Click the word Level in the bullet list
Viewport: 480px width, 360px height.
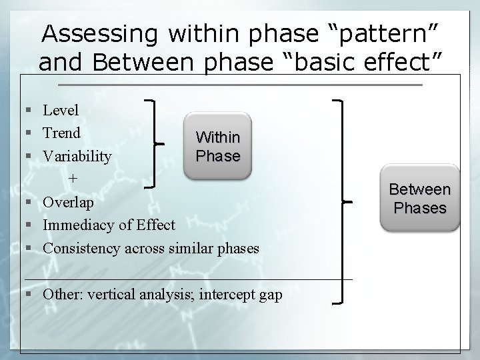61,110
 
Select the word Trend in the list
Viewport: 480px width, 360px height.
61,133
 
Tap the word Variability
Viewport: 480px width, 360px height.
77,156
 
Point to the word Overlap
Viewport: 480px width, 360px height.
69,202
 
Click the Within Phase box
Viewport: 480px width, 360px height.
218,147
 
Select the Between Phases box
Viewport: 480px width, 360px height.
420,199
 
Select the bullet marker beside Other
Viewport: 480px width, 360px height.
25,294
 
